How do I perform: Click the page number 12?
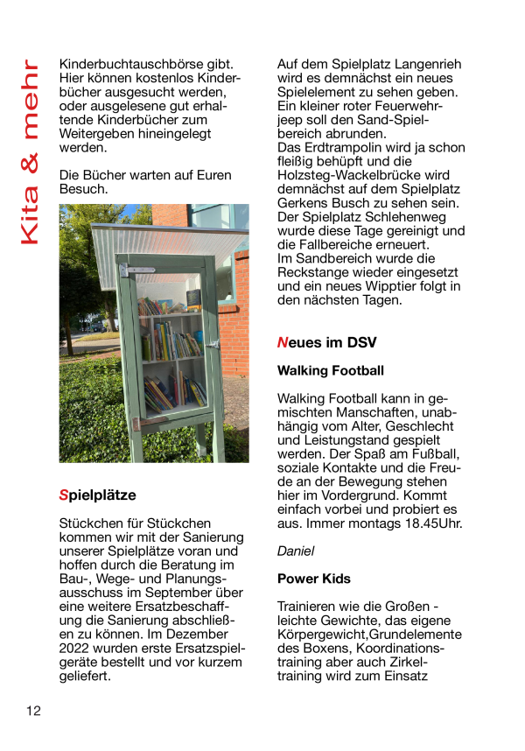click(x=32, y=710)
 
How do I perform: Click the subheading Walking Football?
click(x=330, y=370)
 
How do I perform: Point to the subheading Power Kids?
click(x=313, y=579)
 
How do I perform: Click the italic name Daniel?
click(x=295, y=551)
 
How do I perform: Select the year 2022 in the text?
click(x=76, y=649)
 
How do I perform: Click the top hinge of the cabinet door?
click(x=124, y=270)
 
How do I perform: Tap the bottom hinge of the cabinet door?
click(x=135, y=425)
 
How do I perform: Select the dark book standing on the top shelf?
click(x=193, y=300)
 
